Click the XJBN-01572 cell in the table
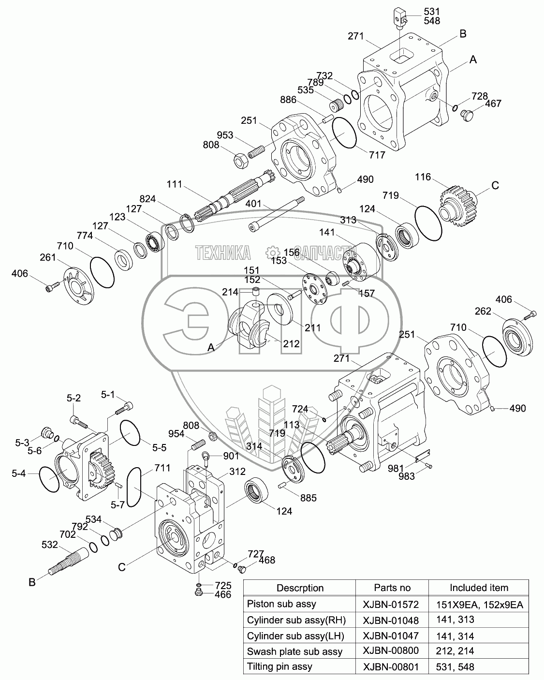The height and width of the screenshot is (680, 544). coord(391,604)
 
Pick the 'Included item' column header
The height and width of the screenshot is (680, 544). coord(479,588)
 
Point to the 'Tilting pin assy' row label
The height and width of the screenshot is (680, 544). coord(279,666)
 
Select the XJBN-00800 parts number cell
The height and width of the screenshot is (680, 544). coord(391,651)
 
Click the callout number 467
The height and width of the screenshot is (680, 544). coord(493,103)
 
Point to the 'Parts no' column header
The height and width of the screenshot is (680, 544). coord(392,588)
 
